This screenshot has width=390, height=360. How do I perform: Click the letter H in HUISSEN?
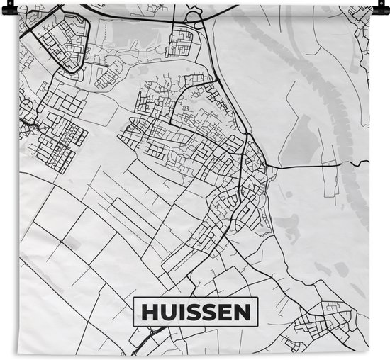click(x=150, y=312)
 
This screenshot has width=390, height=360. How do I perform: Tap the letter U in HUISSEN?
click(x=169, y=312)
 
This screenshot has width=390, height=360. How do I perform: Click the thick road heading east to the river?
click(x=305, y=167)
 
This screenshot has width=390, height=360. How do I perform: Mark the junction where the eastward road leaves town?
click(x=269, y=169)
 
